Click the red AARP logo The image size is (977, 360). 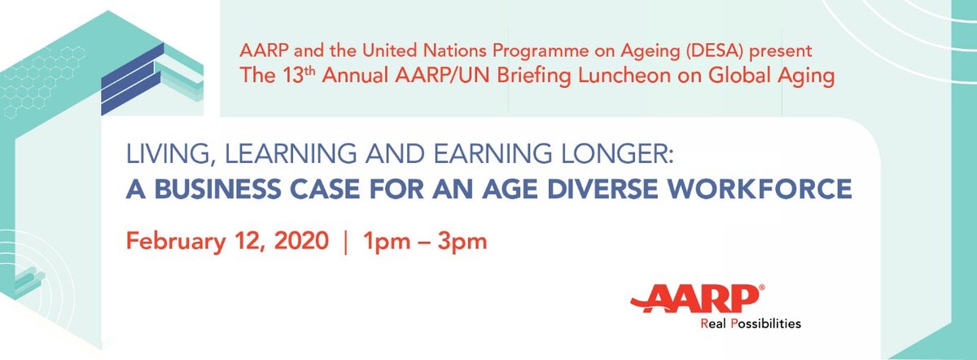(x=699, y=299)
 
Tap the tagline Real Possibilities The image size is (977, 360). (x=751, y=323)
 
